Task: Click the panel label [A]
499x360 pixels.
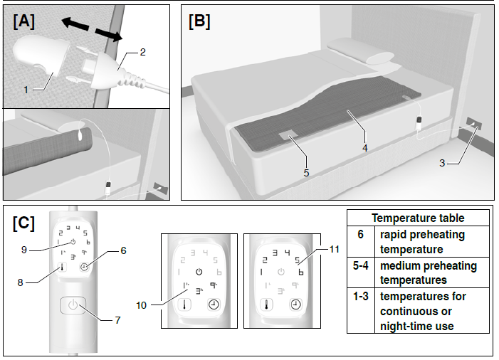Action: [24, 21]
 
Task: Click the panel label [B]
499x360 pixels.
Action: [199, 21]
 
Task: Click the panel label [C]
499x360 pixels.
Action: [24, 223]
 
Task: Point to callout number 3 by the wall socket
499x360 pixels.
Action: [442, 163]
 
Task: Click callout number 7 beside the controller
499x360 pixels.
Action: [117, 319]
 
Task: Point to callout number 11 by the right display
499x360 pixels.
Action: [335, 250]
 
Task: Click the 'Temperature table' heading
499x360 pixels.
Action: [418, 218]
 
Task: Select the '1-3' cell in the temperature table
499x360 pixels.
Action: [360, 296]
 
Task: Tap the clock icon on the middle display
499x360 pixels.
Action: [213, 304]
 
